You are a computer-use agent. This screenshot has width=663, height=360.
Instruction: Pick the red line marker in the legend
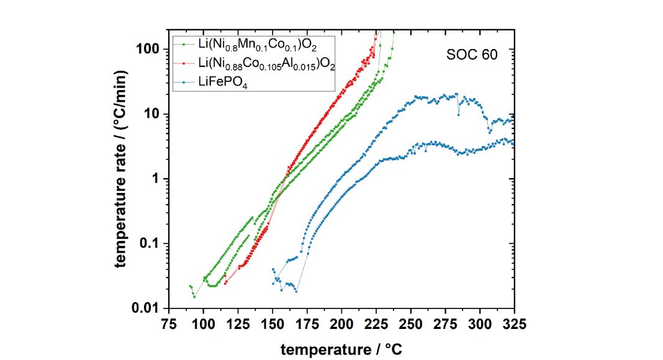coord(183,63)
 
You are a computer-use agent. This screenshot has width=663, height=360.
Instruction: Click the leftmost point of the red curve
coord(226,283)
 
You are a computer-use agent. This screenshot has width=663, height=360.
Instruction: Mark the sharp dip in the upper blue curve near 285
coord(459,114)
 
